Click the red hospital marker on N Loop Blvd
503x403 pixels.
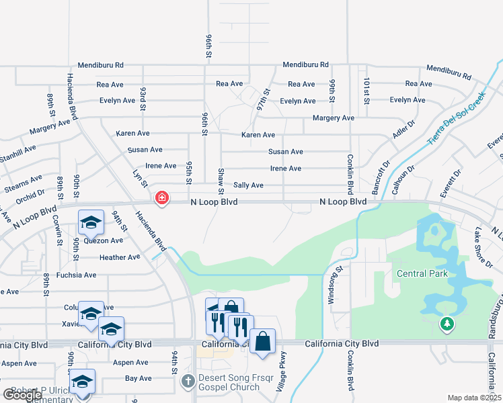[x=161, y=198]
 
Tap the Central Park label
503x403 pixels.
[x=422, y=273]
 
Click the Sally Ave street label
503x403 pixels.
[x=248, y=185]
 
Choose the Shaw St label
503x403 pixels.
[x=221, y=177]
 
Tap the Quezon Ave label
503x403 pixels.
[x=108, y=240]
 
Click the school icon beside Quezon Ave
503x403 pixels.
[x=91, y=222]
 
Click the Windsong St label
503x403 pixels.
[x=331, y=285]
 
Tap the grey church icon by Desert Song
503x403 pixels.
[x=188, y=382]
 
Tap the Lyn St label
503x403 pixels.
[x=140, y=178]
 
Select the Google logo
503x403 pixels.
[x=22, y=394]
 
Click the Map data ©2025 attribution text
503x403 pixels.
[x=475, y=398]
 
